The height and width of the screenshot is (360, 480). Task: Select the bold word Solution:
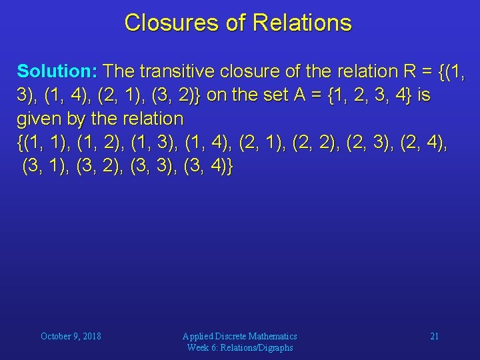pyautogui.click(x=58, y=71)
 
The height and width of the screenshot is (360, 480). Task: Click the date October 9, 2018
pyautogui.click(x=71, y=336)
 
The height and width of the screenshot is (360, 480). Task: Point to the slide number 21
pyautogui.click(x=434, y=336)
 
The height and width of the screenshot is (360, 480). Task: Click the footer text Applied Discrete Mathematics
pyautogui.click(x=240, y=336)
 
